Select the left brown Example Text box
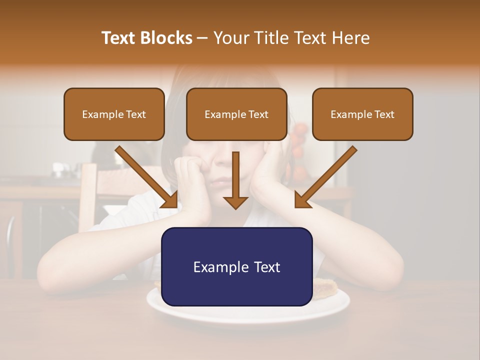click(x=114, y=114)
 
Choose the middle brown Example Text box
click(x=236, y=114)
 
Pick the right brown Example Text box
click(x=362, y=114)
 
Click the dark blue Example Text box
click(x=236, y=266)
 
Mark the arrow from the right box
click(x=326, y=177)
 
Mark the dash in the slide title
click(x=202, y=38)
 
